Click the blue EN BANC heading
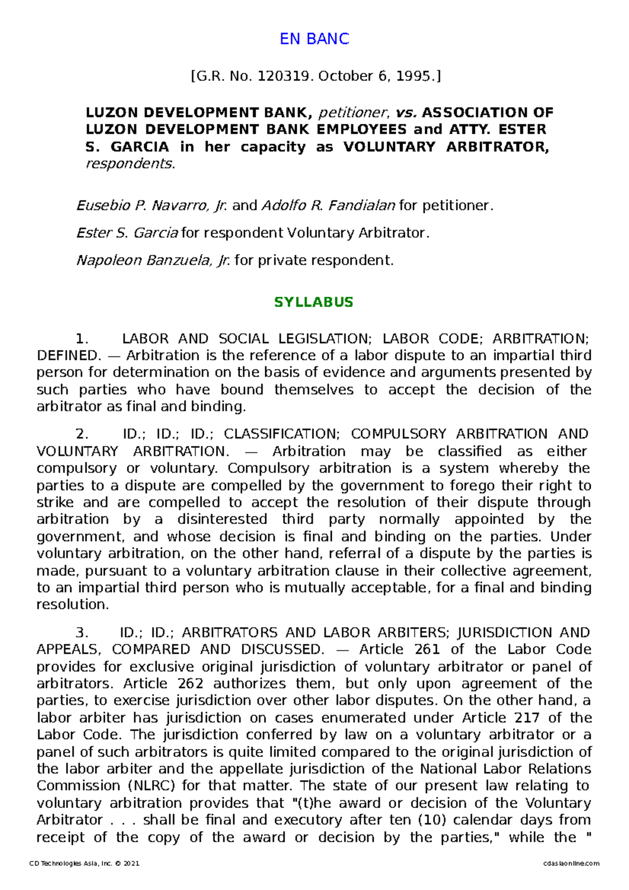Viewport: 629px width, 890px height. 314,39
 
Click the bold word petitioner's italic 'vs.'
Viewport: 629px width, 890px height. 407,113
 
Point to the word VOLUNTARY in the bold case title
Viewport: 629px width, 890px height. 389,147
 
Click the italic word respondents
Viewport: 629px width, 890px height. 130,164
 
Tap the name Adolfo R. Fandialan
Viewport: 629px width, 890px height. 328,205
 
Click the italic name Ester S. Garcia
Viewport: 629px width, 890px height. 127,233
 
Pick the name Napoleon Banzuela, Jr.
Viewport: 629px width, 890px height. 153,261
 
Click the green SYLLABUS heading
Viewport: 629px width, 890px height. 314,302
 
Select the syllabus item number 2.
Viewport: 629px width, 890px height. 82,435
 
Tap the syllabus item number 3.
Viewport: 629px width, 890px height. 82,633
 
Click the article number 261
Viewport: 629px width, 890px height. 427,649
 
